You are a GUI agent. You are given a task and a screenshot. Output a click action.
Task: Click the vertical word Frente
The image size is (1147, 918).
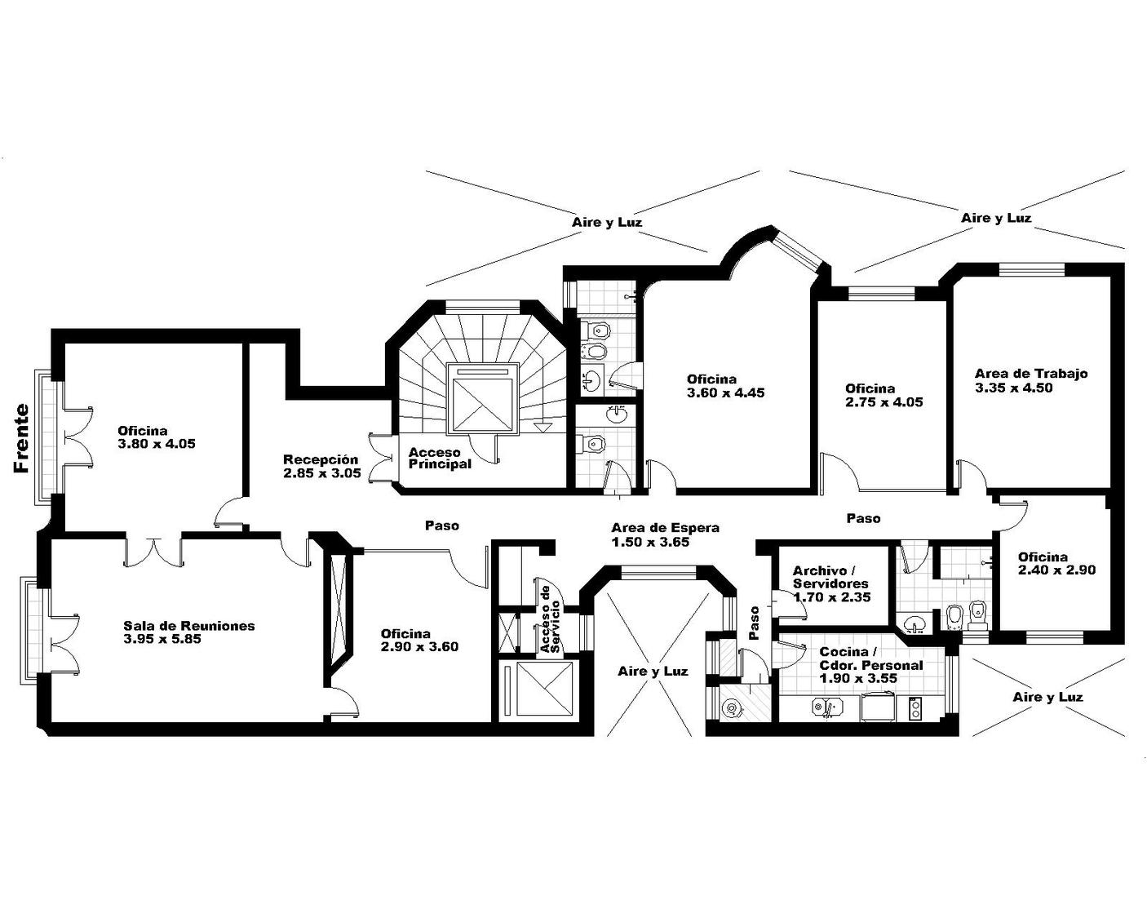point(21,438)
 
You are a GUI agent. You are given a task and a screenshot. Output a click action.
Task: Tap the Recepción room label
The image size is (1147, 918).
point(321,459)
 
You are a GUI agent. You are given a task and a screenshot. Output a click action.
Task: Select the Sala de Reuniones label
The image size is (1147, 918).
point(189,625)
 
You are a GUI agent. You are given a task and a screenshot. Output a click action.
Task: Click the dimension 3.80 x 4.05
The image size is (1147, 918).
point(157,444)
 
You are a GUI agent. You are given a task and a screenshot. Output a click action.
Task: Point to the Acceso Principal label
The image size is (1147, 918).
point(441,459)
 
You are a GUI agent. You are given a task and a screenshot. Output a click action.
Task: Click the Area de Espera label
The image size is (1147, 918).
point(665,528)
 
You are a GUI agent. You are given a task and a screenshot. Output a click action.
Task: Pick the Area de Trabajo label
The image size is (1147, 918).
point(1031,374)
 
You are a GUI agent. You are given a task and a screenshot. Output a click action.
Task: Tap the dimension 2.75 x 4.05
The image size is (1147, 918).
point(884,402)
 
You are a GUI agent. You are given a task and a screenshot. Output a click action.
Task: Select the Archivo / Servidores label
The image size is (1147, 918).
point(831,577)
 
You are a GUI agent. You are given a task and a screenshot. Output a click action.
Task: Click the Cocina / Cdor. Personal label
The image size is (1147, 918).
point(871,659)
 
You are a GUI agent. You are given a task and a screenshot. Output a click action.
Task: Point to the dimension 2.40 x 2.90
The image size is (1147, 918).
point(1057,570)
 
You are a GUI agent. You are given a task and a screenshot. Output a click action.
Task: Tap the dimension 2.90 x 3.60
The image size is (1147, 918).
point(419,646)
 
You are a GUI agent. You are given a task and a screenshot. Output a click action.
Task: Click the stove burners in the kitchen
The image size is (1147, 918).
point(915,708)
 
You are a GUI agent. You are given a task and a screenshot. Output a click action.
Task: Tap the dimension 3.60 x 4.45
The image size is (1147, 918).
point(725,392)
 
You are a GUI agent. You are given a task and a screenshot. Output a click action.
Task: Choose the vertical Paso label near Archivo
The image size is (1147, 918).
point(754,623)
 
